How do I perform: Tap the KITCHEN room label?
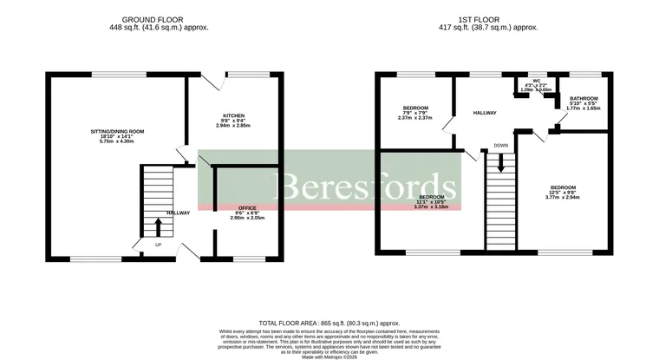233,115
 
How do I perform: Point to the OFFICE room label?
247,208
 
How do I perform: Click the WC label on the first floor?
537,83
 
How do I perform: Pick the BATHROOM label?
584,99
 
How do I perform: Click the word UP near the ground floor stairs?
158,245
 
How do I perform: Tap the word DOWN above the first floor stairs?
501,145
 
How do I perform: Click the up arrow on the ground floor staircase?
158,227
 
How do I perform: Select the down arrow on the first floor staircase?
500,160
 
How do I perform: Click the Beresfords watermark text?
365,185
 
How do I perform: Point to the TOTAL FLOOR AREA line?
329,322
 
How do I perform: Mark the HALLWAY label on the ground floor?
179,213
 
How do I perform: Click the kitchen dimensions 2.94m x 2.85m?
233,127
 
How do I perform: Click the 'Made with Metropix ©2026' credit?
329,356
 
